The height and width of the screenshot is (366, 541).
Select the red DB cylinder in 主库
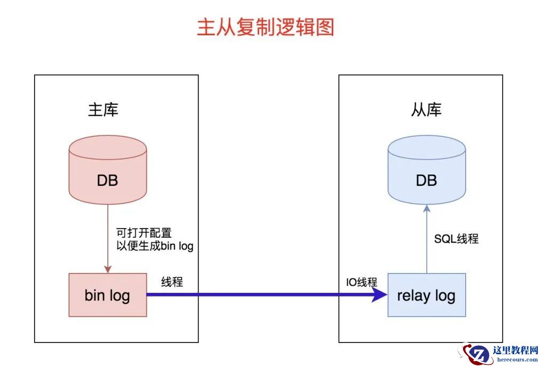pyautogui.click(x=107, y=171)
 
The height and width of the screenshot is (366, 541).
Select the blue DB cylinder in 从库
pyautogui.click(x=426, y=171)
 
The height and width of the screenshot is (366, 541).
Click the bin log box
pyautogui.click(x=107, y=295)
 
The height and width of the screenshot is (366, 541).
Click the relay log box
pyautogui.click(x=426, y=295)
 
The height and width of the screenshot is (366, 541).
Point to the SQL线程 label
pyautogui.click(x=456, y=239)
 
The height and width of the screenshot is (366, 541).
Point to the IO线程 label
pyautogui.click(x=362, y=282)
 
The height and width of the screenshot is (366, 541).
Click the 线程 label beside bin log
pyautogui.click(x=172, y=282)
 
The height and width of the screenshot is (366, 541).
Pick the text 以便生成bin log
pyautogui.click(x=155, y=246)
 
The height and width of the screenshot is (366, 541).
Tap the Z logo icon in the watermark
pyautogui.click(x=477, y=354)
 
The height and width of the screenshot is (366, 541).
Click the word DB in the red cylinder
pyautogui.click(x=107, y=181)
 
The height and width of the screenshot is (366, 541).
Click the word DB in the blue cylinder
pyautogui.click(x=426, y=181)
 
